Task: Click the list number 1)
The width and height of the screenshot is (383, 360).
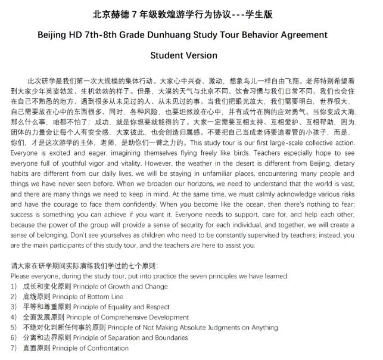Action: click(14, 286)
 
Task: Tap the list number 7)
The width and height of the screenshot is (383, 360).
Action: click(14, 348)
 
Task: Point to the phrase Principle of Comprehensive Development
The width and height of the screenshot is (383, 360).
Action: click(127, 317)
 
